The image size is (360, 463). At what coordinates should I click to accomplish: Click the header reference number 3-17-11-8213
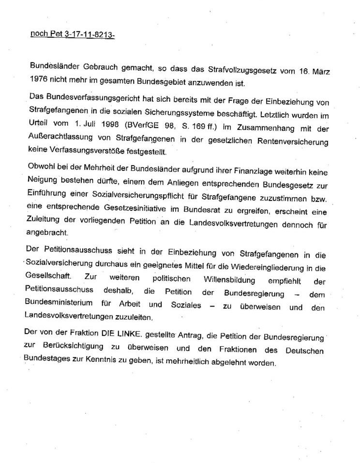tap(90, 35)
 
